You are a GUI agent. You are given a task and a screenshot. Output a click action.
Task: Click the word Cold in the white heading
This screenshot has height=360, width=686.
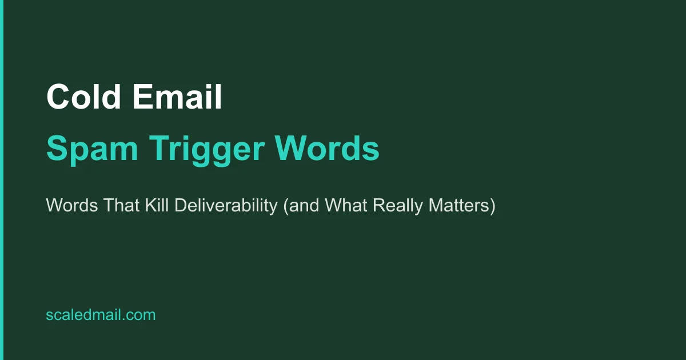83,97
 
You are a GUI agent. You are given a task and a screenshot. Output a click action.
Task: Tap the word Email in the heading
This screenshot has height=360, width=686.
177,97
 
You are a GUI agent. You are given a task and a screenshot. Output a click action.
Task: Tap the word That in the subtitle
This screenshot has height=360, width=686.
116,206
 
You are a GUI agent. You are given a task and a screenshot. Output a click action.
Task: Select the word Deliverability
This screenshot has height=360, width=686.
226,206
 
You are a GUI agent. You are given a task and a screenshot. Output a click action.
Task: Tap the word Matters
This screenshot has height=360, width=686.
460,206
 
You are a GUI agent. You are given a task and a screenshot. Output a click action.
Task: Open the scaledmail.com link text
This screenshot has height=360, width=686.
101,315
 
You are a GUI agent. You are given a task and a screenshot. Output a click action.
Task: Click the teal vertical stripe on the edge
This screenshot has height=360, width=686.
2,180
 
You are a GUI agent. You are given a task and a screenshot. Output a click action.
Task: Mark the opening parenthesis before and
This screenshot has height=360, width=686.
285,206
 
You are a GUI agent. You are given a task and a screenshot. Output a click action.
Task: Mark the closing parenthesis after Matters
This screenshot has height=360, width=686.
492,206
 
